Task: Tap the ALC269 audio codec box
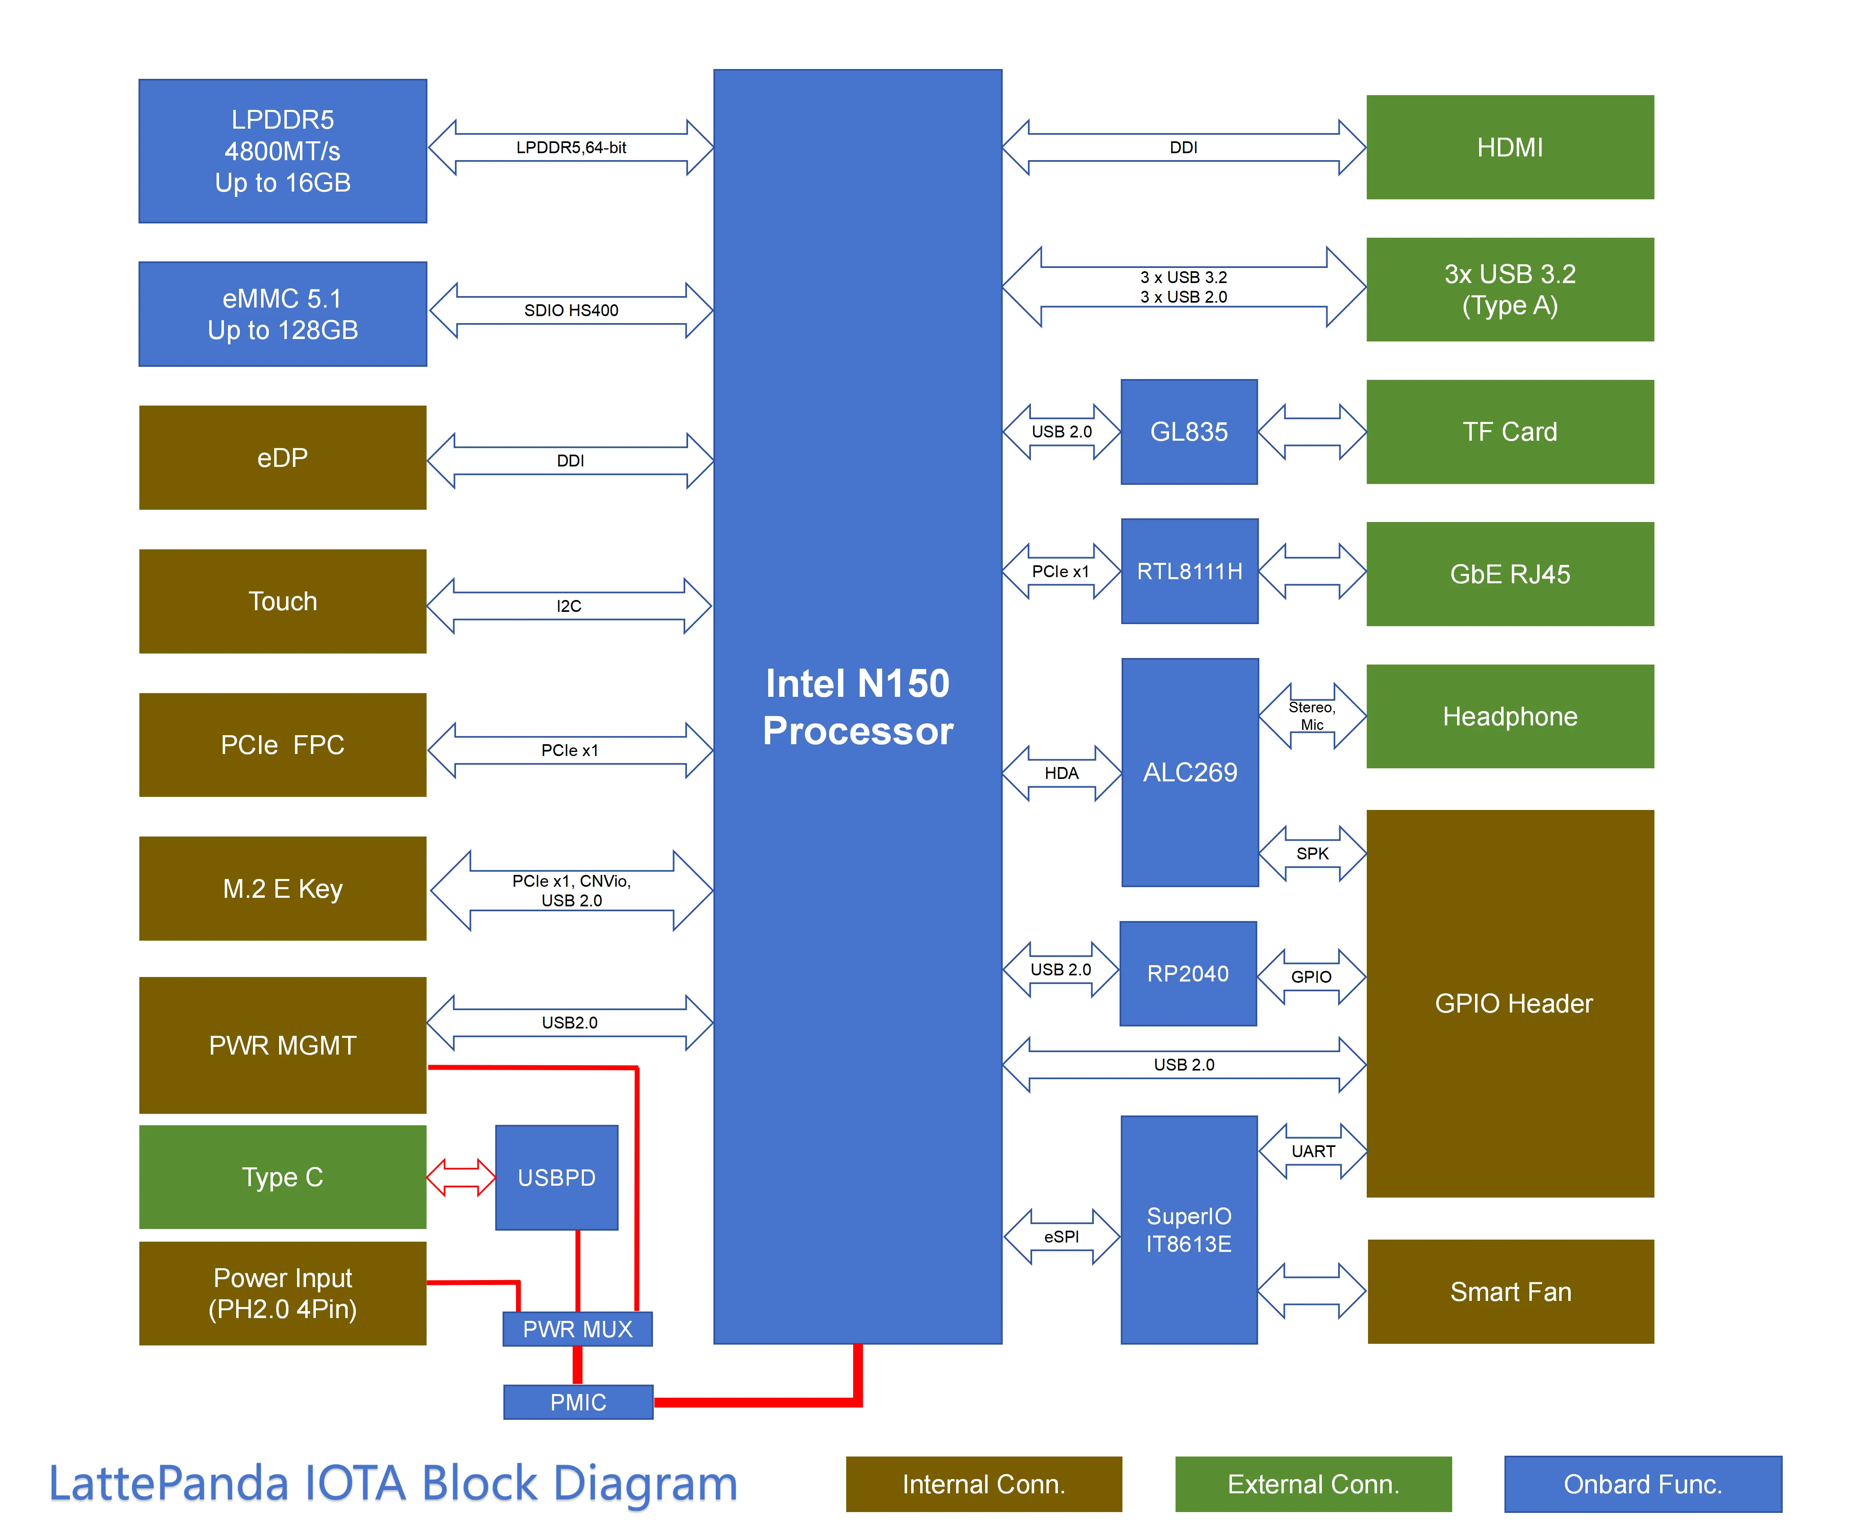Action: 1189,772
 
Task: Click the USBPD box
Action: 557,1178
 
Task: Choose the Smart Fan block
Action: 1510,1291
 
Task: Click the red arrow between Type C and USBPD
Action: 460,1178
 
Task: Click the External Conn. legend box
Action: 1312,1484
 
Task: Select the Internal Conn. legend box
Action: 983,1484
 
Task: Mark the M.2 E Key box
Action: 283,888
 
